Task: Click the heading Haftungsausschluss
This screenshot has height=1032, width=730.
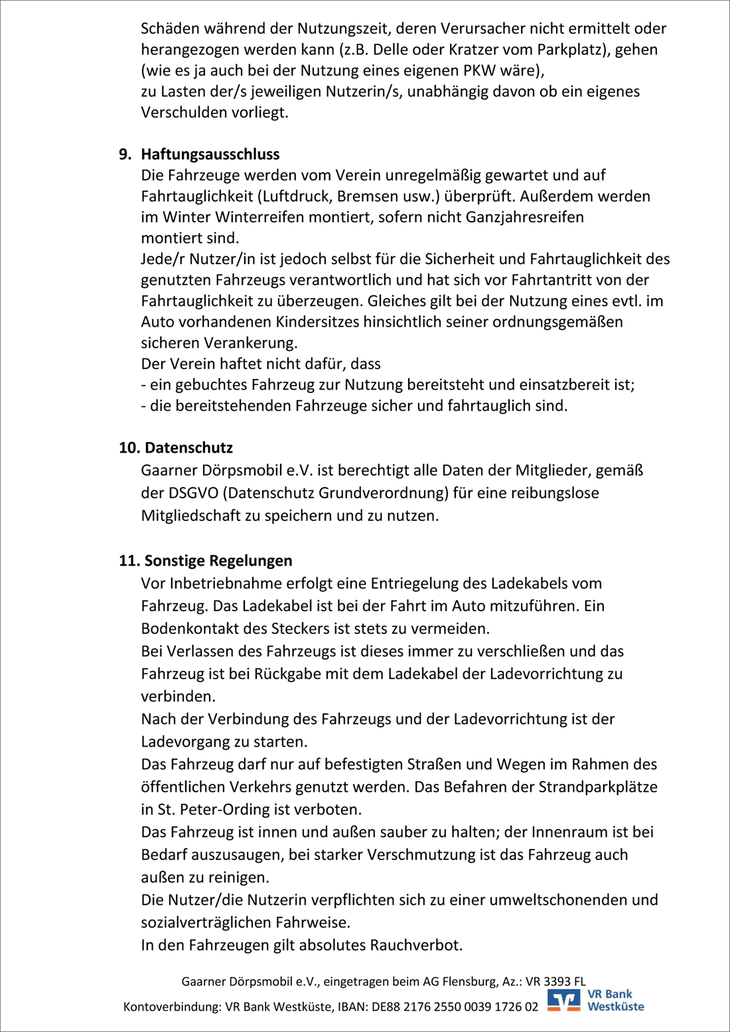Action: tap(210, 154)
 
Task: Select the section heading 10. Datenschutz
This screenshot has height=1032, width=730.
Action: tap(176, 448)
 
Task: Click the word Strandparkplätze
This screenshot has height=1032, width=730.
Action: tap(598, 787)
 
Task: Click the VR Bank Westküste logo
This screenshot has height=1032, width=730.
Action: tap(595, 1000)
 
